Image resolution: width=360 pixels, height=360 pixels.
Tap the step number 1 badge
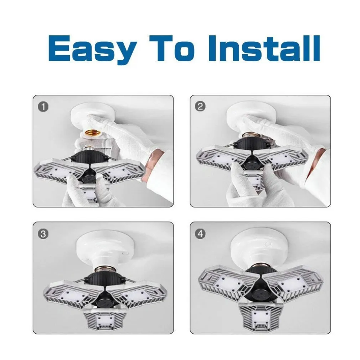tap(43, 107)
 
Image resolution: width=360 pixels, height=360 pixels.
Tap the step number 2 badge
tap(200, 107)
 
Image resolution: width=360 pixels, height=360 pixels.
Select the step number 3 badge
tap(43, 234)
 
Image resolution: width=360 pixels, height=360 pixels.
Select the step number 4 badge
tap(200, 234)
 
